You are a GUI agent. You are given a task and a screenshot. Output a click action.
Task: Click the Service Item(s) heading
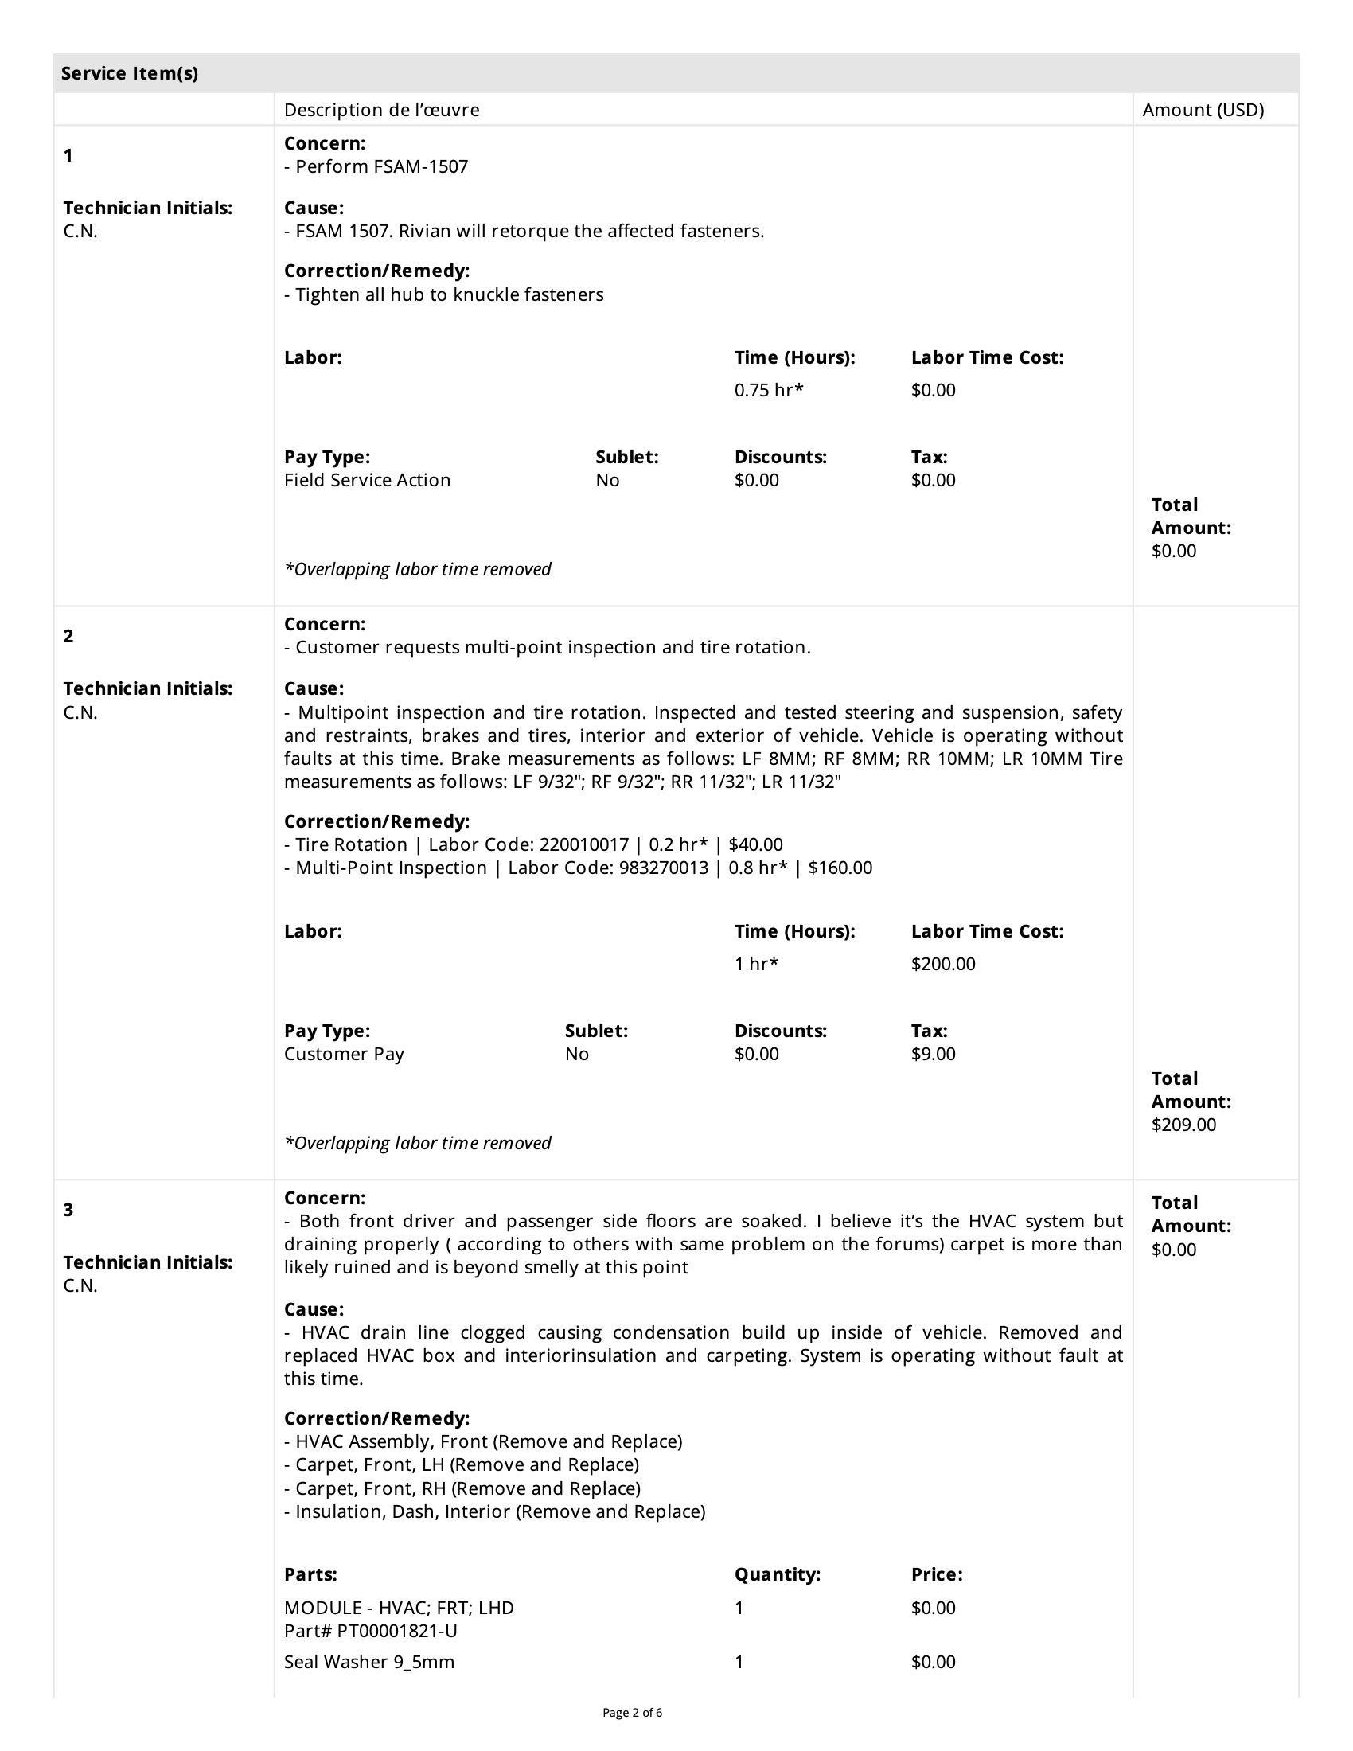click(x=130, y=74)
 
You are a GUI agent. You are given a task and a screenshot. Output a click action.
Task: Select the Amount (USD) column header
click(x=1203, y=110)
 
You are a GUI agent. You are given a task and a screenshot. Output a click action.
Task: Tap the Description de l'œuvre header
click(x=381, y=110)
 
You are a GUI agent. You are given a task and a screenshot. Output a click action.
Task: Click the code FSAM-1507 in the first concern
click(x=421, y=167)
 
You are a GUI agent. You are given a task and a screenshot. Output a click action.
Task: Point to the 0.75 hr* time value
click(x=769, y=391)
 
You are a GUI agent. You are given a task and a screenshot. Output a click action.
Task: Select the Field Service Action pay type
click(x=367, y=480)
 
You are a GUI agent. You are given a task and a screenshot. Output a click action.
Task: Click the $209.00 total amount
click(x=1183, y=1124)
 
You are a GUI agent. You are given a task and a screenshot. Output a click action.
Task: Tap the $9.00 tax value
click(x=933, y=1054)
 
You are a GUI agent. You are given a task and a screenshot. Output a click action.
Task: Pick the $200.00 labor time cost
click(x=942, y=964)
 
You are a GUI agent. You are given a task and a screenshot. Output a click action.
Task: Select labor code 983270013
click(x=664, y=868)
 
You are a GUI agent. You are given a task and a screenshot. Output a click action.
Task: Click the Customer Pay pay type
click(x=344, y=1054)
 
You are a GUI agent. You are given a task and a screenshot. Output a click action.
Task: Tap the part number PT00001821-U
click(x=397, y=1631)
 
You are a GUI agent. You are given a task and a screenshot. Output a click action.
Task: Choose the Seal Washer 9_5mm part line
click(x=368, y=1662)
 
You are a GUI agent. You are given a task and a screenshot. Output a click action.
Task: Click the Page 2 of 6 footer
click(x=633, y=1714)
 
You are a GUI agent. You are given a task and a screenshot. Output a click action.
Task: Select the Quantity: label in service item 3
click(x=777, y=1574)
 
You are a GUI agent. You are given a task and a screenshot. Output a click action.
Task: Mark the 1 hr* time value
click(x=756, y=964)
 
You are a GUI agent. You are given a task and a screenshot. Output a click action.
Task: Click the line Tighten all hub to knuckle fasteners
click(x=449, y=295)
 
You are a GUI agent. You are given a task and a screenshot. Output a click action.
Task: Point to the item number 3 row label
click(x=68, y=1210)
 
